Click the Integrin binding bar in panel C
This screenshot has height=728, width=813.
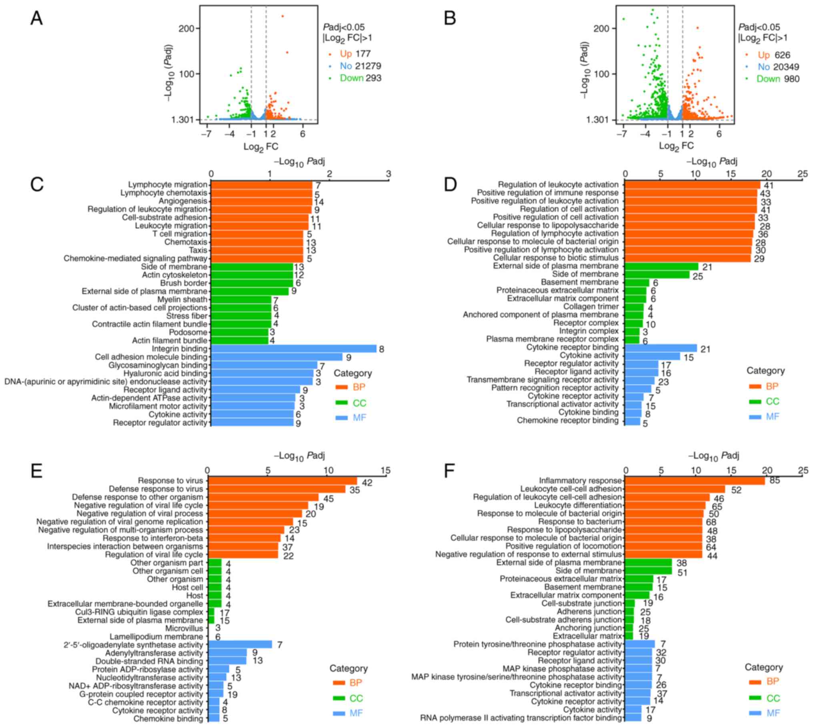pos(293,349)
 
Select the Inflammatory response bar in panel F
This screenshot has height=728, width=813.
pos(695,481)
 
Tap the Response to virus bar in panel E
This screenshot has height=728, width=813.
pos(282,481)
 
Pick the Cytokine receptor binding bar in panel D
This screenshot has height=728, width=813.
pos(661,348)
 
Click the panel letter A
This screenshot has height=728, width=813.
pos(36,18)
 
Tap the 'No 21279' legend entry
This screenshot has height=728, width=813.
pos(360,66)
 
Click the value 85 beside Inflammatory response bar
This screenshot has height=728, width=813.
pos(775,480)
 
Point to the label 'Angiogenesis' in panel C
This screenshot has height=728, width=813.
pos(183,201)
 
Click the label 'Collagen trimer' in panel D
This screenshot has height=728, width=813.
pos(591,307)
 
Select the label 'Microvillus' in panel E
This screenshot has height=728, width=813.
pos(184,628)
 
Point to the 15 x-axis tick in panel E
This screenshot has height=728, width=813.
pos(386,471)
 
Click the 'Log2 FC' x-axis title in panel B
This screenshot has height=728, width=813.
pos(676,146)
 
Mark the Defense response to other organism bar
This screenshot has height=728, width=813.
pos(263,497)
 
